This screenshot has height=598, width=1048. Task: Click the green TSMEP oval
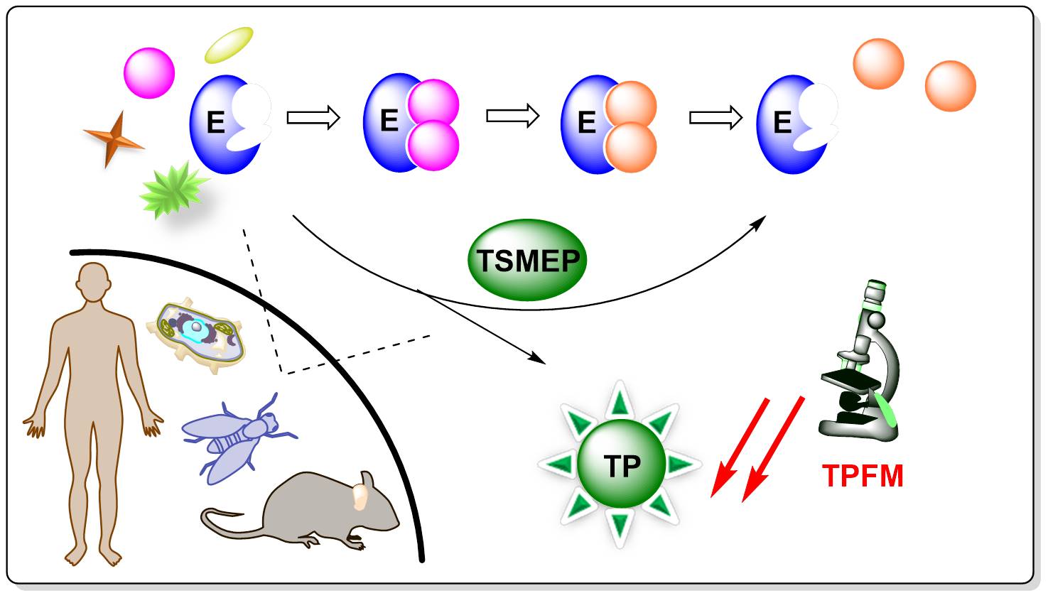[x=527, y=261]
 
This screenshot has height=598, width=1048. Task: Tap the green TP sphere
[x=621, y=465]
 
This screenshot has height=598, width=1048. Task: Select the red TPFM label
[x=863, y=476]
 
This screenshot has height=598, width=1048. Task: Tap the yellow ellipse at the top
[x=229, y=44]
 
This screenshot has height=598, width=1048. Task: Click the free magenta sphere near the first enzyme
[x=149, y=73]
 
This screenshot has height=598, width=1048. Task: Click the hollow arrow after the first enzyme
[x=313, y=117]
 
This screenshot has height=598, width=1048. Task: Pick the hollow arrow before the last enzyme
[x=715, y=117]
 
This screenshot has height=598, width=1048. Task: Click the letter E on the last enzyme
[x=782, y=124]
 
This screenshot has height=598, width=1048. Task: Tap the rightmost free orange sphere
[x=950, y=86]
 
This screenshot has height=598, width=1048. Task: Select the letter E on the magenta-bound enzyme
[x=389, y=121]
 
